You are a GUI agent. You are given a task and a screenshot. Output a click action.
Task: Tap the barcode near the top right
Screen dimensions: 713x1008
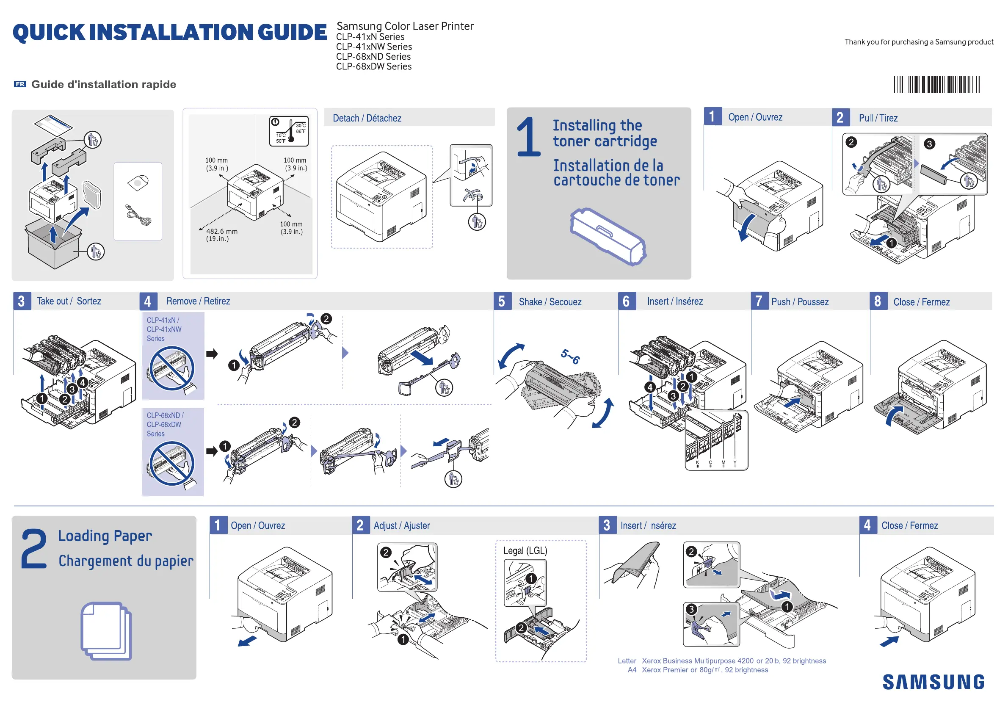point(936,84)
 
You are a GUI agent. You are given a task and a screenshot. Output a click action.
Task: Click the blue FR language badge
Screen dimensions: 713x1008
point(20,84)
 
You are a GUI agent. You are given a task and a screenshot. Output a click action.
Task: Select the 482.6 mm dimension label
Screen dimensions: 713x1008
point(222,231)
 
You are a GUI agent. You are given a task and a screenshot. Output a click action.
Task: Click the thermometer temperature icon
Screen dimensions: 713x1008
point(289,131)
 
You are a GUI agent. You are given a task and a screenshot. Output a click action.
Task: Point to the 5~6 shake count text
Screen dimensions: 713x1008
point(570,356)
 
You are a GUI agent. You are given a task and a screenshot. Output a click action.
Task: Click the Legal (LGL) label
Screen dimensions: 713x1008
point(525,550)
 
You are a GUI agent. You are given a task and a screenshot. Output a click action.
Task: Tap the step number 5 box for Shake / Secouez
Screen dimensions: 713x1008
point(502,301)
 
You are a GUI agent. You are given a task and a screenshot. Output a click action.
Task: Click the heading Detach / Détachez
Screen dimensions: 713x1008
point(367,118)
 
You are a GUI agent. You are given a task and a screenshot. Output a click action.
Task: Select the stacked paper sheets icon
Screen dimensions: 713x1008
point(106,630)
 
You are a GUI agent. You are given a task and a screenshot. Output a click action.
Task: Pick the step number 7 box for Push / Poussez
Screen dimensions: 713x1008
point(759,301)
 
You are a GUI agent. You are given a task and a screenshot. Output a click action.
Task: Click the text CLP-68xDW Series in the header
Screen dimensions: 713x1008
point(374,67)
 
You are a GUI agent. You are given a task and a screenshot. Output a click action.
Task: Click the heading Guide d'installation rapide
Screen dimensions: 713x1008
point(104,84)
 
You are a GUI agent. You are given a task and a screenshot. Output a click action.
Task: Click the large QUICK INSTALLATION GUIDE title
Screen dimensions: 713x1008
point(170,33)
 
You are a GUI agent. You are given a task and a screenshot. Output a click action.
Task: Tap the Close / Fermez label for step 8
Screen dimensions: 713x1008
point(922,302)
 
